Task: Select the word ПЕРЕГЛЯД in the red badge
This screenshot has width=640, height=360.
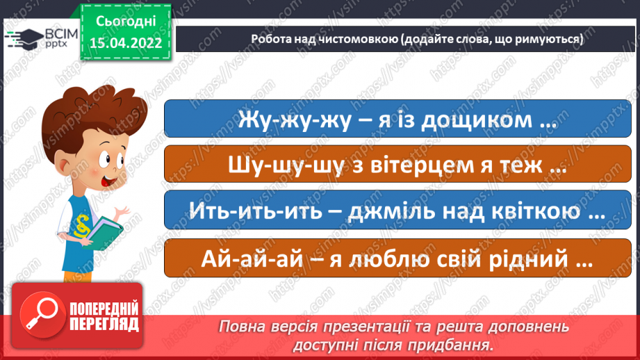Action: pos(105,323)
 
